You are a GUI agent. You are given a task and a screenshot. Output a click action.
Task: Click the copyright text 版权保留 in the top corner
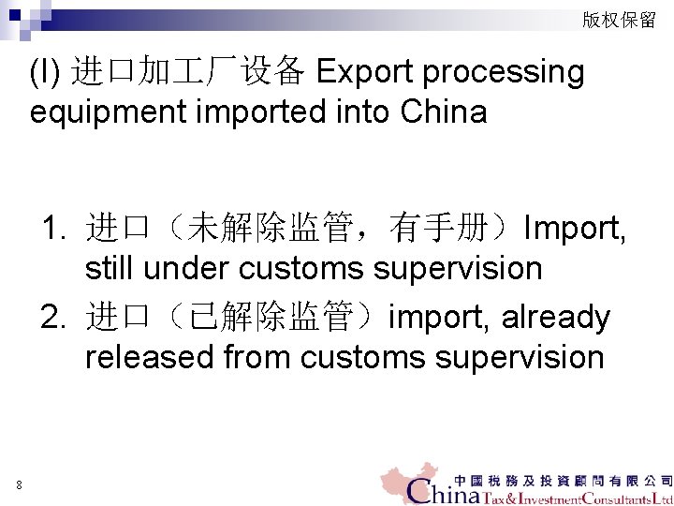[619, 20]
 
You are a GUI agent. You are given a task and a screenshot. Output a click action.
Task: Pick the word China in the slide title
[443, 112]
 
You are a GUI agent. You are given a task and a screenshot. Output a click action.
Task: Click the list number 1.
[52, 228]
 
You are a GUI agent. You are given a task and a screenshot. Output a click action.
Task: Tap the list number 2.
[52, 318]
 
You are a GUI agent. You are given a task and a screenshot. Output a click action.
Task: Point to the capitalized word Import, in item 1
[575, 228]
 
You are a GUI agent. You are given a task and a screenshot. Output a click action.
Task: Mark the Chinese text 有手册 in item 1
[444, 228]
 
